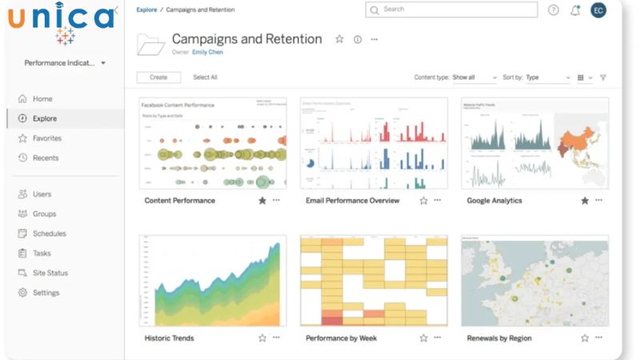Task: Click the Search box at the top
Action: click(x=452, y=10)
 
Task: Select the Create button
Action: click(x=158, y=78)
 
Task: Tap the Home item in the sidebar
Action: click(x=42, y=99)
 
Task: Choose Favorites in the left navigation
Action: click(x=46, y=138)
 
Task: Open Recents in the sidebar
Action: click(x=45, y=158)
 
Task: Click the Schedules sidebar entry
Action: click(x=49, y=234)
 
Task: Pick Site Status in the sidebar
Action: click(x=50, y=273)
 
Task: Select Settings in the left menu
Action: click(x=46, y=293)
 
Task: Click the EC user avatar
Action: click(x=598, y=10)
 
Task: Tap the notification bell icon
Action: click(x=575, y=10)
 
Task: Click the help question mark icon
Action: click(x=554, y=10)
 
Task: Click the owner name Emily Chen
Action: click(x=208, y=52)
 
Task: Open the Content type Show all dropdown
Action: click(x=474, y=78)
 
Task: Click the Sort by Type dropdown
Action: click(x=548, y=78)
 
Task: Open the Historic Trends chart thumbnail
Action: click(x=212, y=280)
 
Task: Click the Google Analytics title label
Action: click(x=494, y=201)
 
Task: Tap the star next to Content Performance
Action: click(x=262, y=201)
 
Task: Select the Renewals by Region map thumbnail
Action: click(x=534, y=280)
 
